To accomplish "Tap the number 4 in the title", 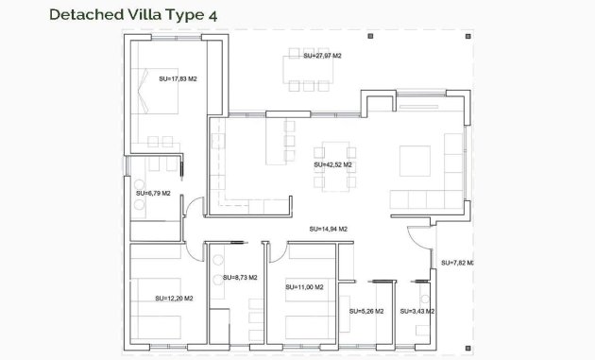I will (x=223, y=14).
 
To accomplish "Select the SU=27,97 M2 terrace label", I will (x=322, y=57).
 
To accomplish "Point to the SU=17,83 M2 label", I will (x=178, y=78).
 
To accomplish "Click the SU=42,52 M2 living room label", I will (x=332, y=163).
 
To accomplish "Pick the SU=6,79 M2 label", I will (x=152, y=194).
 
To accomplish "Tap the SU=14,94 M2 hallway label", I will (x=328, y=229).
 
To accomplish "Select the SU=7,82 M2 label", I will (x=456, y=263).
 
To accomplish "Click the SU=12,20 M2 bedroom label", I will (x=174, y=298).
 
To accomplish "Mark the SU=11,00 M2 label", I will (x=304, y=286).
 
